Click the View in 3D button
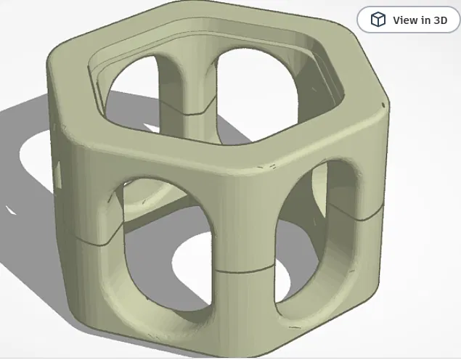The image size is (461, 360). [409, 20]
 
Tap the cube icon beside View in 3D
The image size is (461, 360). [378, 20]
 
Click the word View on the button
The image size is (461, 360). [405, 20]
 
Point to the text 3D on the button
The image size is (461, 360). [440, 20]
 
